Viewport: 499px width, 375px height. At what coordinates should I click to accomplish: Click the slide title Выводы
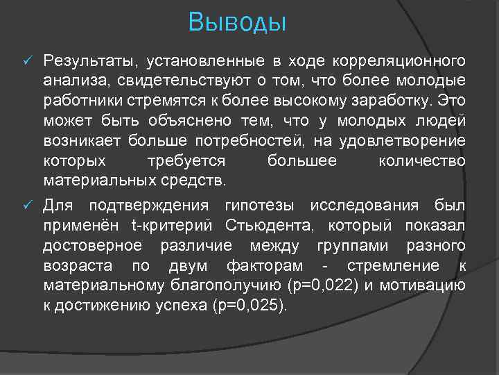pyautogui.click(x=237, y=23)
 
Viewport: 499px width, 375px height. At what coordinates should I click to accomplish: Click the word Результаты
pyautogui.click(x=85, y=61)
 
